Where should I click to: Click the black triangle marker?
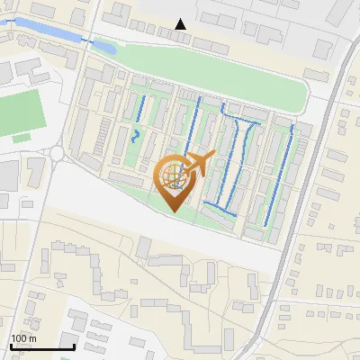tap(182, 24)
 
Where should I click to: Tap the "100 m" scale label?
tap(23, 338)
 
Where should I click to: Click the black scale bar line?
tap(42, 346)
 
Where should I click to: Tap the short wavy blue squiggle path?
tap(135, 138)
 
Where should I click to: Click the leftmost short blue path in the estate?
tap(142, 108)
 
